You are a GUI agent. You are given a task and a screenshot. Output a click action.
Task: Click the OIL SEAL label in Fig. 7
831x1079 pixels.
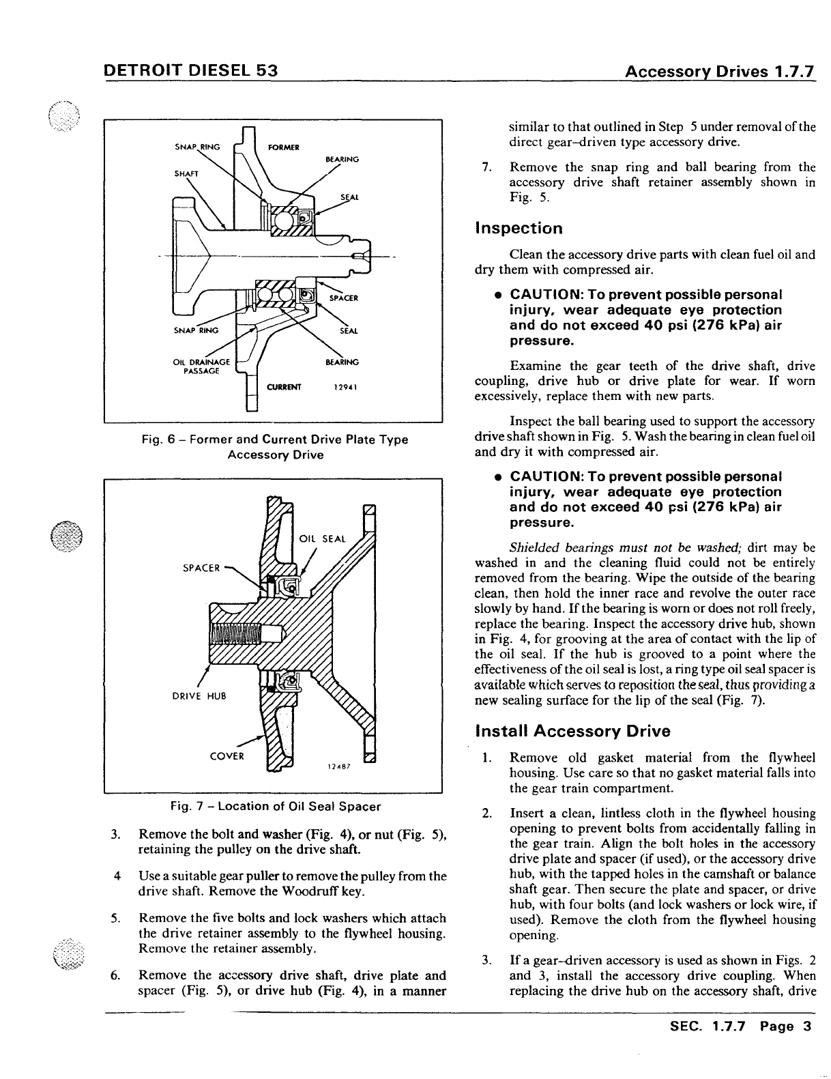323,538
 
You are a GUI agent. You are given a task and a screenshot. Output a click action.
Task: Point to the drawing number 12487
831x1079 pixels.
338,766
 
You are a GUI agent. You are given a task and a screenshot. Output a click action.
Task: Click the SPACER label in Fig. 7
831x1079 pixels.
201,567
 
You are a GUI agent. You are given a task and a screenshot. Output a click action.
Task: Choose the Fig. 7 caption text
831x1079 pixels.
276,807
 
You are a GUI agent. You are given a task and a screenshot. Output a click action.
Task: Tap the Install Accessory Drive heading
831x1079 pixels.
572,732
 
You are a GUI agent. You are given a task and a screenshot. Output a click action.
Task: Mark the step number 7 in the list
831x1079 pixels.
486,167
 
